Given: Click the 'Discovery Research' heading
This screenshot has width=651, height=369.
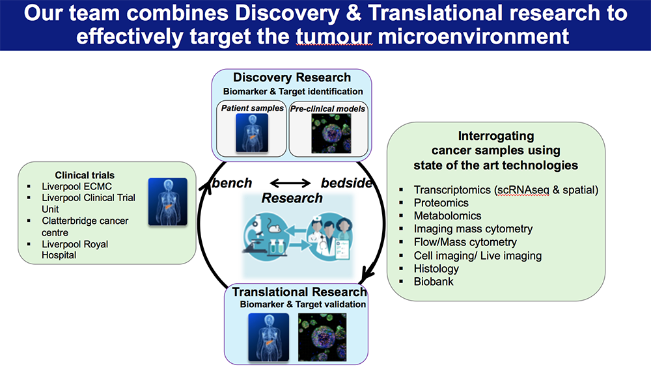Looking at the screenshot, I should point(292,78).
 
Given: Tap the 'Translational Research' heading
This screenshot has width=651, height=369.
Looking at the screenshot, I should point(299,292).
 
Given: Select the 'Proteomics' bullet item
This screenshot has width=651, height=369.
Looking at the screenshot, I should point(441,203).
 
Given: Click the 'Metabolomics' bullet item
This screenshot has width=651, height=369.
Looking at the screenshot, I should point(447,216).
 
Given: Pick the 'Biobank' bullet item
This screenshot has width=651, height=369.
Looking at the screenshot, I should point(434,282).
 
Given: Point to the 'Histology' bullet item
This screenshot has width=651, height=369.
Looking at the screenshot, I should point(436,269).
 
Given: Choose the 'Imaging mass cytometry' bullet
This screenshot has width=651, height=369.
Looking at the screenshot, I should point(473,229).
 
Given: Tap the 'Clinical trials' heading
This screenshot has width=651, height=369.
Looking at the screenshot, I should point(85,175).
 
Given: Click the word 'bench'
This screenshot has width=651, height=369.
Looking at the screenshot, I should point(232,183).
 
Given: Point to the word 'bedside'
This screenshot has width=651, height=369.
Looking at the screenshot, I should point(346,183).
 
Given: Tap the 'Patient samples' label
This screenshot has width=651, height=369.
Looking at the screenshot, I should point(252,108).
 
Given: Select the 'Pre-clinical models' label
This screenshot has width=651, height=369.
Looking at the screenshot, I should point(327,108).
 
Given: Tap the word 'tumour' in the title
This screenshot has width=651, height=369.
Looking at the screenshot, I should point(334,36).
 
